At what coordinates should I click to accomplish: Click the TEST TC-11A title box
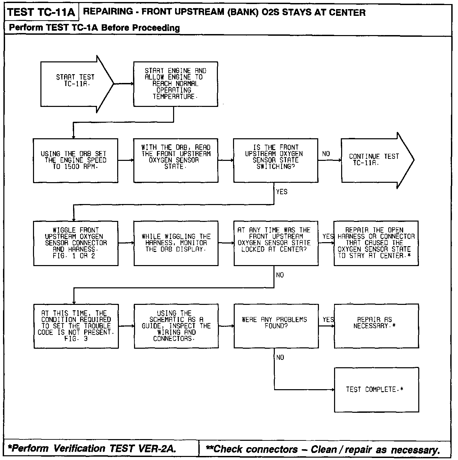click(x=41, y=12)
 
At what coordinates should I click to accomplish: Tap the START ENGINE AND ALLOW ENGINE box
click(x=175, y=84)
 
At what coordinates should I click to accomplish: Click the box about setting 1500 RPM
click(x=75, y=161)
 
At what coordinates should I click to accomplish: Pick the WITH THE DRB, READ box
click(x=175, y=161)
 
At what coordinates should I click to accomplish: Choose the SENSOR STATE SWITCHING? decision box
click(x=275, y=161)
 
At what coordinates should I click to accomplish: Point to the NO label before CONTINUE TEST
click(x=326, y=154)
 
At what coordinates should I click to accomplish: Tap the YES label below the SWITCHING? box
click(x=282, y=192)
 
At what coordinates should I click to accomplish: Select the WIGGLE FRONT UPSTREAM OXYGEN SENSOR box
click(x=76, y=243)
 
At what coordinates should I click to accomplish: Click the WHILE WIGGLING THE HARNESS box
click(x=176, y=243)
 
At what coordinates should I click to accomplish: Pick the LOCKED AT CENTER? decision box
click(x=276, y=243)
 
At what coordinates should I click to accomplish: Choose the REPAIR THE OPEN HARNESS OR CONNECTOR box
click(x=376, y=243)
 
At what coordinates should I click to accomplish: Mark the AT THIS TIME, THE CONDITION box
click(x=76, y=326)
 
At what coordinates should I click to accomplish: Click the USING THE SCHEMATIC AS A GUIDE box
click(x=176, y=326)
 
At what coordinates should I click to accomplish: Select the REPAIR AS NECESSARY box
click(x=376, y=326)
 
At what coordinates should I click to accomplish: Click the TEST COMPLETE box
click(x=376, y=390)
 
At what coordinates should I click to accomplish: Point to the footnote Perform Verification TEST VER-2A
click(x=92, y=449)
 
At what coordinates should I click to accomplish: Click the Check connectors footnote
click(x=323, y=450)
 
